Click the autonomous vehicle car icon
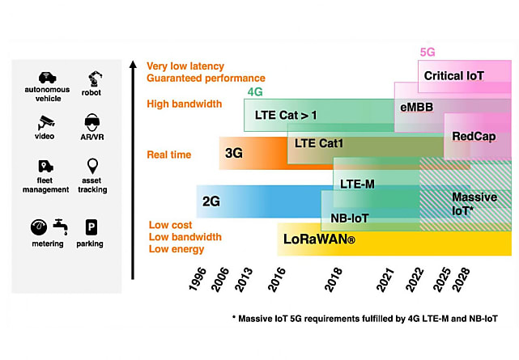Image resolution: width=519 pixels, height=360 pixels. click(x=47, y=78)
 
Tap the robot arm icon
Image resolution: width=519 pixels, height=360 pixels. click(x=95, y=78)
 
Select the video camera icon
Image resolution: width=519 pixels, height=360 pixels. click(x=45, y=123)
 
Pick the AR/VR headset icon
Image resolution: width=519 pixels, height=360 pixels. click(x=92, y=122)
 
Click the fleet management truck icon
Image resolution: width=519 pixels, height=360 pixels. click(x=45, y=167)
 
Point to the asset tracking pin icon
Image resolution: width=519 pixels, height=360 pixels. click(x=92, y=166)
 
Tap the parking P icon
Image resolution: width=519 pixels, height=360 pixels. click(x=91, y=227)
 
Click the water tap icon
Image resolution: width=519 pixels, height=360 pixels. click(x=61, y=227)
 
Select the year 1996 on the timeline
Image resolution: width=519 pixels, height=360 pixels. click(x=198, y=280)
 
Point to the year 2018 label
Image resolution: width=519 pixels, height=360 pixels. click(x=334, y=280)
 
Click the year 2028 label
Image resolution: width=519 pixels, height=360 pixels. click(x=461, y=280)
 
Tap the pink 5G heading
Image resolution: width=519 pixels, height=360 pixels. click(x=428, y=53)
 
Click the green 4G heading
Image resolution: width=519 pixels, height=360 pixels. click(x=255, y=91)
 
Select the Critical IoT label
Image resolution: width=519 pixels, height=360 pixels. click(x=453, y=76)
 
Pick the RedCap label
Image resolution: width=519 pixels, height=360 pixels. click(x=474, y=136)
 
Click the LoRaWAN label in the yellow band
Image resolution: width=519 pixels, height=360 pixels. click(x=319, y=239)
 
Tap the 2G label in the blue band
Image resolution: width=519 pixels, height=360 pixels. click(x=211, y=201)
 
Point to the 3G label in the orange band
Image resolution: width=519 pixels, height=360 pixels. click(x=234, y=153)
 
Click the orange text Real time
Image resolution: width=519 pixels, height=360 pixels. click(x=168, y=155)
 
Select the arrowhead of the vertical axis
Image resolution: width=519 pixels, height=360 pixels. click(x=133, y=64)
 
